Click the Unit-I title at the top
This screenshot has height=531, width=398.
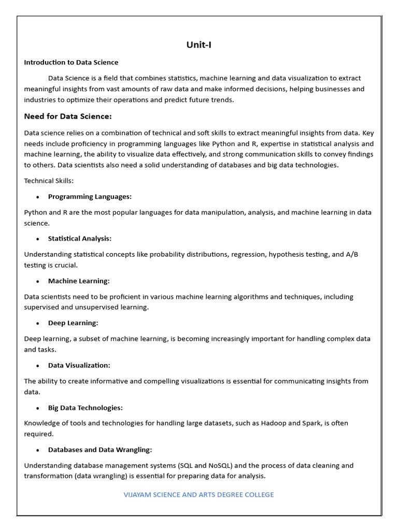(199, 45)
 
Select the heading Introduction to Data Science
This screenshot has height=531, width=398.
(71, 62)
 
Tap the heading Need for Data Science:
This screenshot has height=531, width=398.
(68, 116)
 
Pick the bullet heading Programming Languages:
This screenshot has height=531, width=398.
(90, 197)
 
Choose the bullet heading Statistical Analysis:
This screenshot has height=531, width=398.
(80, 239)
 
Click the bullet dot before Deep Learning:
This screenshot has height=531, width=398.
(38, 324)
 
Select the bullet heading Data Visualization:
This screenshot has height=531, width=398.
(79, 366)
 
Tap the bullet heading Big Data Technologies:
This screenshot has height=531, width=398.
(85, 408)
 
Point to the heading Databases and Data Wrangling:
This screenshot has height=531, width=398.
(100, 450)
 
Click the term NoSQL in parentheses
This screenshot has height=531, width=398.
(223, 466)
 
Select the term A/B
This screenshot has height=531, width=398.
(352, 255)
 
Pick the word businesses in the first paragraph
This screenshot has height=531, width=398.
(332, 89)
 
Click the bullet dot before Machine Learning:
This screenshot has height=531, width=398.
(38, 282)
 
